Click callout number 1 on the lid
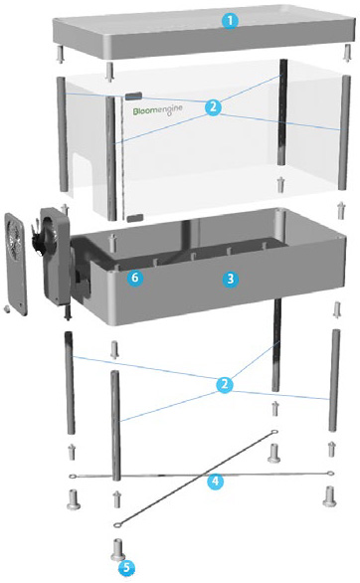(230, 21)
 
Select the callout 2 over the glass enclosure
(213, 107)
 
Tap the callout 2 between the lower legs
(225, 384)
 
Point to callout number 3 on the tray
(231, 279)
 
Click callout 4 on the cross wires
(215, 482)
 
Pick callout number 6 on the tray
(135, 278)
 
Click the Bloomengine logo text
(158, 110)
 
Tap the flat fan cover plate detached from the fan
(17, 264)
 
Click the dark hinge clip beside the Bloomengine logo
(133, 96)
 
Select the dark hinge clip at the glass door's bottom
(135, 218)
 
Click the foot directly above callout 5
(118, 550)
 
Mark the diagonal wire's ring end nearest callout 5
(117, 524)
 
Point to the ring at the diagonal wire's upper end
(273, 432)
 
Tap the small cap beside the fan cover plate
(6, 308)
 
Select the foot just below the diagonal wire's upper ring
(274, 453)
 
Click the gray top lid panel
(204, 32)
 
